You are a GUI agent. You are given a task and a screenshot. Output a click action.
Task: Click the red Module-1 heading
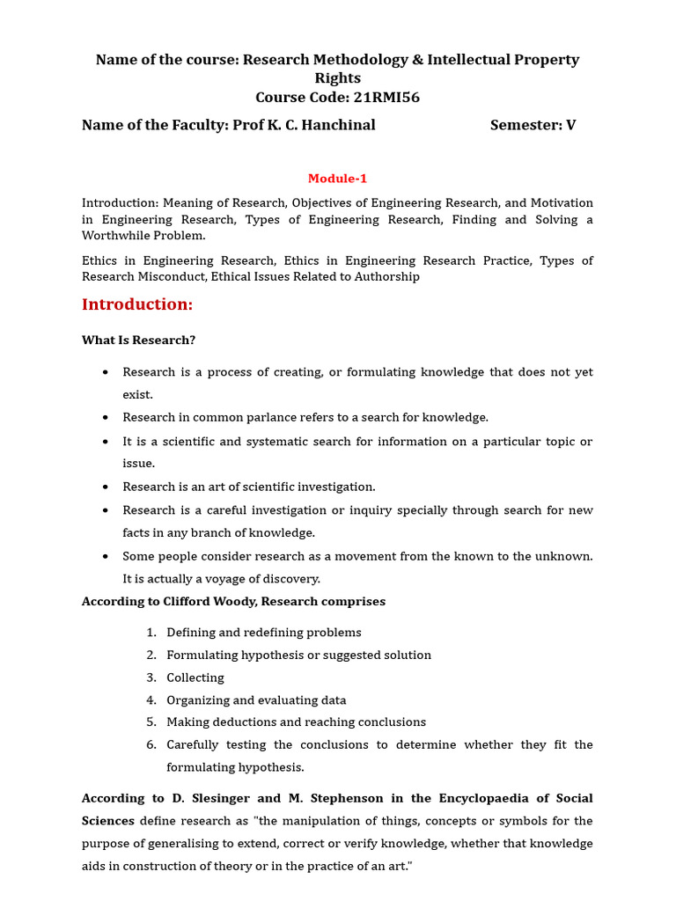click(337, 179)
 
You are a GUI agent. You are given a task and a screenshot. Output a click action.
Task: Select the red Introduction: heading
click(136, 304)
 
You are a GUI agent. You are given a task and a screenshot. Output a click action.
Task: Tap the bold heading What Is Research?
click(138, 341)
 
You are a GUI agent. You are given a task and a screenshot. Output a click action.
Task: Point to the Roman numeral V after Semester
click(571, 125)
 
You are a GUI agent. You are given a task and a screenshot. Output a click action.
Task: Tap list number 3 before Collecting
click(151, 678)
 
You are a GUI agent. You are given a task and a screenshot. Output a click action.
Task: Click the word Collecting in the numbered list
click(195, 678)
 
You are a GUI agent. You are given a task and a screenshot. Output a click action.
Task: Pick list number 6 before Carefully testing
click(151, 745)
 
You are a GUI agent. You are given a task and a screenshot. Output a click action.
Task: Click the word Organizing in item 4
click(198, 700)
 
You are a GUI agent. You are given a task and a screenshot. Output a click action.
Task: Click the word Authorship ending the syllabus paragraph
click(384, 277)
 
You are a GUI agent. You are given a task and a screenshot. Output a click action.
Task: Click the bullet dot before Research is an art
click(106, 487)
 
